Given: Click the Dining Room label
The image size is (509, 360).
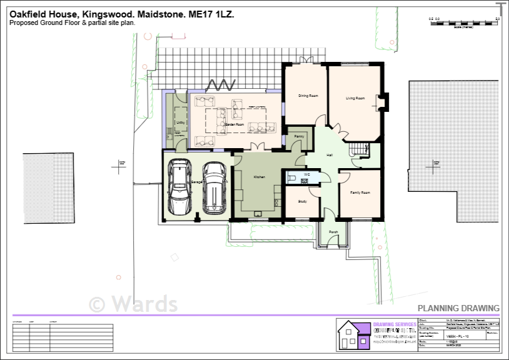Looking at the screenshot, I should coord(308,96).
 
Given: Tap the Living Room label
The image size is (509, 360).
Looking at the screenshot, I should coord(355,98).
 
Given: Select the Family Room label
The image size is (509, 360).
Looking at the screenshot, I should coord(360,192).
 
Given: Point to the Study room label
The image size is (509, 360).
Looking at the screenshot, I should coord(302,201).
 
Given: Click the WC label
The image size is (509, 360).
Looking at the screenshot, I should coord(307,174).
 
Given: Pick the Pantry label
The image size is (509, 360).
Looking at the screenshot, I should coord(299,136).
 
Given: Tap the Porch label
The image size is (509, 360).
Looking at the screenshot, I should coord(333,232).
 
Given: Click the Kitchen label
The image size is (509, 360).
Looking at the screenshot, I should coord(259,177).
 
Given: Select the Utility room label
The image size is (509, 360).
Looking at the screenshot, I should coord(180,122).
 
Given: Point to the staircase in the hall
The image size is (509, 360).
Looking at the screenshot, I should coord(359,150).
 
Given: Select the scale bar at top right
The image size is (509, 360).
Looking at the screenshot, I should coord(463,22).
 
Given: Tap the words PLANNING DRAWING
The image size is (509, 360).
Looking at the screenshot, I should coord(458,308).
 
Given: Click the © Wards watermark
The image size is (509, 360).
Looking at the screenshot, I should coord(133,304).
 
